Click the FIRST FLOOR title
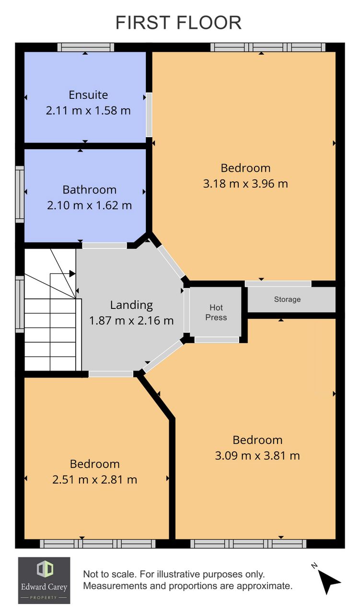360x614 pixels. click(x=178, y=23)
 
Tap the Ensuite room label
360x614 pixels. click(x=88, y=95)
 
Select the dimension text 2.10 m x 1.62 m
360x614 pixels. click(x=89, y=205)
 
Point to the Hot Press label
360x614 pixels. click(x=216, y=312)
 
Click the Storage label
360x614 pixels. click(x=287, y=299)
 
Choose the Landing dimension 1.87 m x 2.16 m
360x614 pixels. click(x=131, y=320)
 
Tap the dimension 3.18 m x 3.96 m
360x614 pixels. click(x=245, y=184)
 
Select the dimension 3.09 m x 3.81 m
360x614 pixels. click(x=257, y=456)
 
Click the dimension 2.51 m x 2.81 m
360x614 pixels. click(x=94, y=479)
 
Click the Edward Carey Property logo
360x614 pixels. click(x=44, y=584)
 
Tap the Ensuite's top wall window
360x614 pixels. click(x=86, y=47)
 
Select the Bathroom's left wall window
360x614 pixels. click(x=20, y=194)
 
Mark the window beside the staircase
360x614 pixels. click(x=20, y=304)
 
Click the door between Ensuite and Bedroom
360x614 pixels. click(x=149, y=115)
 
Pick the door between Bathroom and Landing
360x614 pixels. click(x=105, y=246)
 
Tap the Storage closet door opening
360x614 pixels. click(x=278, y=283)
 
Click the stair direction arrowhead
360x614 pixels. click(x=72, y=273)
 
